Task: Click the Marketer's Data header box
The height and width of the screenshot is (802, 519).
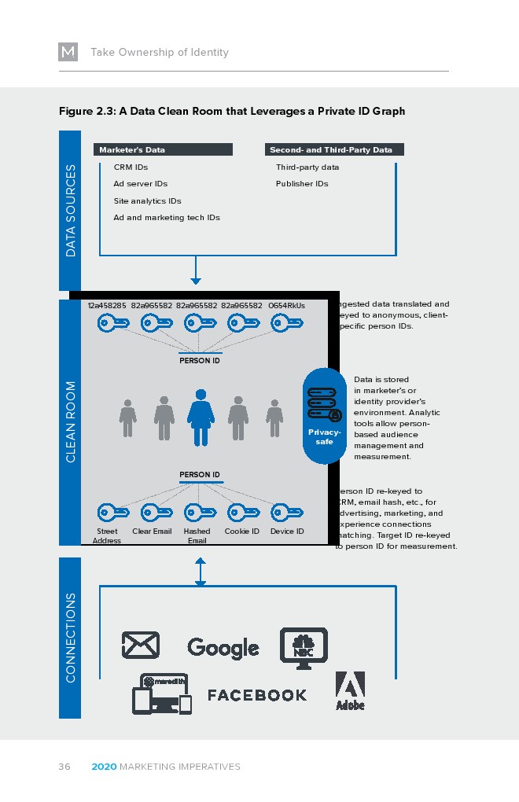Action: coord(164,149)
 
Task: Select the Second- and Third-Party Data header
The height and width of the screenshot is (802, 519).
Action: coord(334,149)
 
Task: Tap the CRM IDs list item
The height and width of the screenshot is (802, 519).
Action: coord(131,167)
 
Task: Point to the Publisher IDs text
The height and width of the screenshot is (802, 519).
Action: coord(302,184)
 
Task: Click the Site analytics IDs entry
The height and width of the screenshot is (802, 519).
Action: coord(147,201)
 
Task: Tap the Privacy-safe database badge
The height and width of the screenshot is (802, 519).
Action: coord(324,416)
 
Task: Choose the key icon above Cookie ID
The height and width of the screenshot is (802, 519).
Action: coord(242,513)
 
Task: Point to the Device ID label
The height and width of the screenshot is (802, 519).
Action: coord(287,532)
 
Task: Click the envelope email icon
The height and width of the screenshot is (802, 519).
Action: coord(141,646)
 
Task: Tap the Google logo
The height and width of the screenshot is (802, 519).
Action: coord(223,647)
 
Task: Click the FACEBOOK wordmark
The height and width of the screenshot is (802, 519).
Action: coord(257,695)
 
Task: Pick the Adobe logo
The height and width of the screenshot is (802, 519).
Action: coord(350,690)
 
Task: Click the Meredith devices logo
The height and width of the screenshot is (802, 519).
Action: coord(161,693)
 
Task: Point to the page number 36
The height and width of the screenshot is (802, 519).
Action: coord(64,767)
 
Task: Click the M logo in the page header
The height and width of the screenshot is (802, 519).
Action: coord(68,52)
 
